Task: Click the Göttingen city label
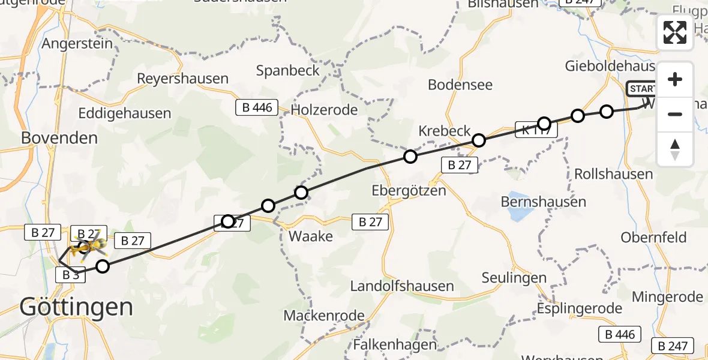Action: (x=76, y=307)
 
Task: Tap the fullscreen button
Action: (x=675, y=32)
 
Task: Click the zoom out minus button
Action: (x=675, y=114)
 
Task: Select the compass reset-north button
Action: (x=675, y=149)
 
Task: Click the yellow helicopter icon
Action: (x=90, y=246)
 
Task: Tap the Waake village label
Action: (x=311, y=236)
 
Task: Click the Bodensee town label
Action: (x=460, y=85)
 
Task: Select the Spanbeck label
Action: (x=288, y=70)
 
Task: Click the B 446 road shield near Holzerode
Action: (x=257, y=108)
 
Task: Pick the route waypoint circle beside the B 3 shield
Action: (x=103, y=266)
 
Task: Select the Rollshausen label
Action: (x=613, y=174)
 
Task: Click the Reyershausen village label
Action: (x=183, y=79)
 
